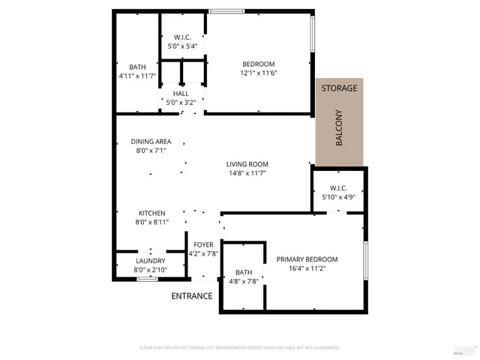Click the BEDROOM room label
tap(258, 64)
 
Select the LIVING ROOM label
tap(247, 164)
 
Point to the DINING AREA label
tap(151, 141)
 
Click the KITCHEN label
tap(151, 213)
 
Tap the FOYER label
tap(204, 244)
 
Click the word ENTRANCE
tap(192, 296)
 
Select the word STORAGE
tap(339, 88)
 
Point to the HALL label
tap(180, 94)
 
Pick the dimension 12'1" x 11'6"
tap(258, 73)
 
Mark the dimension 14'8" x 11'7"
tap(247, 173)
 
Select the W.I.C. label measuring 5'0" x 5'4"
tap(184, 37)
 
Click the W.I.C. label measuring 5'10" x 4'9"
tap(338, 188)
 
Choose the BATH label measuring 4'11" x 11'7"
tap(136, 67)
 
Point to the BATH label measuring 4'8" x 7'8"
tap(244, 272)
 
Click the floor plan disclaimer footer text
tap(238, 348)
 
